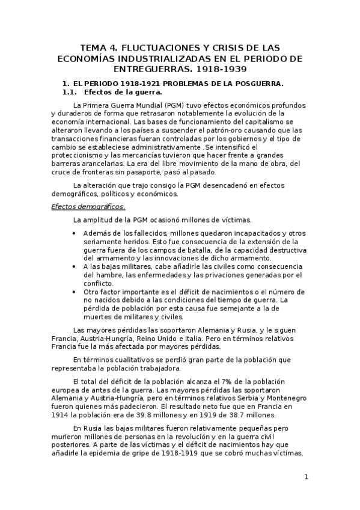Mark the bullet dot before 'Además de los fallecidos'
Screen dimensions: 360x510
point(73,233)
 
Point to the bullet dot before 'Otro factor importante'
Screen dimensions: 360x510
point(73,292)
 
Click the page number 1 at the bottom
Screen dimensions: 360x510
point(306,478)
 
